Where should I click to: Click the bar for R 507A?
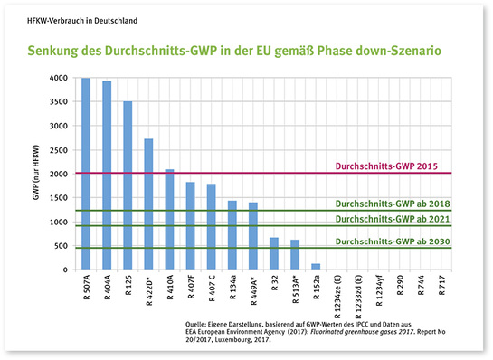(86, 174)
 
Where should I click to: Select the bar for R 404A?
(107, 175)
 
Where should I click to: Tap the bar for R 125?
(128, 185)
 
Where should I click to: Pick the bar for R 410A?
(169, 220)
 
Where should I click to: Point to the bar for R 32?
(274, 253)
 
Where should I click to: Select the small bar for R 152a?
(316, 266)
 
